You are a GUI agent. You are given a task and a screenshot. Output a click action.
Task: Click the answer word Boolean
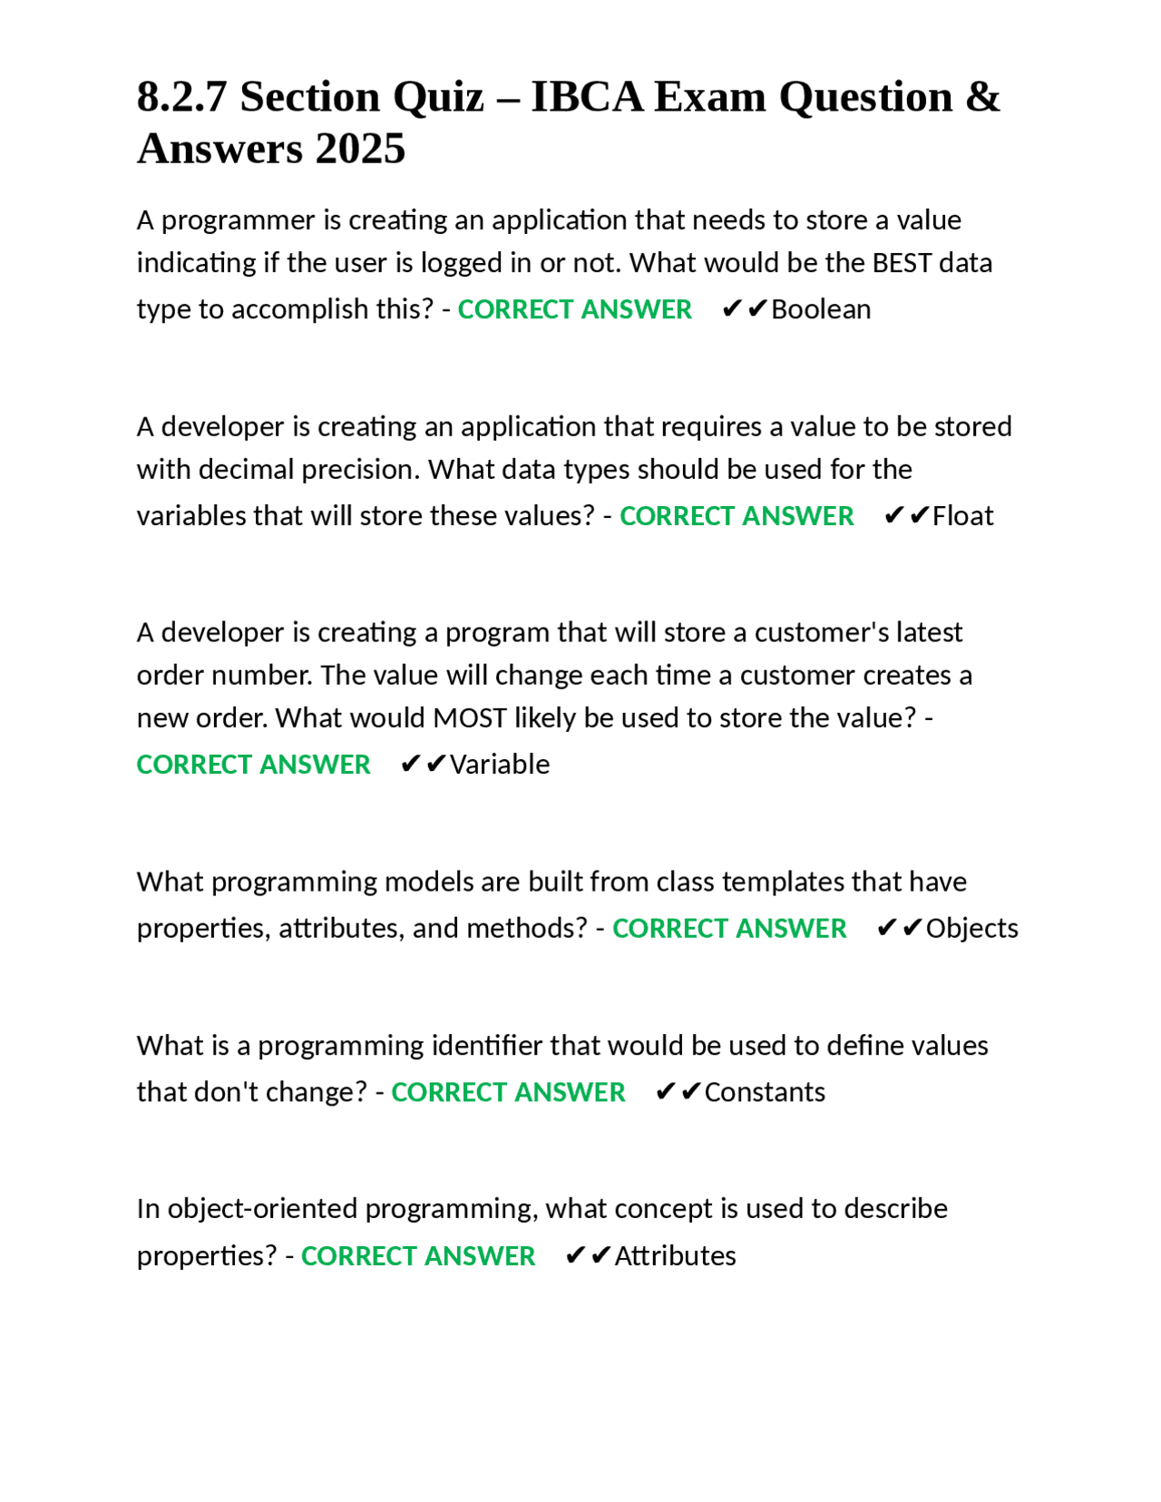click(x=821, y=309)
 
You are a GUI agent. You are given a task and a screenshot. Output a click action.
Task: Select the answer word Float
click(x=962, y=516)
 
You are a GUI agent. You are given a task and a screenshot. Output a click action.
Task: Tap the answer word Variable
click(x=500, y=765)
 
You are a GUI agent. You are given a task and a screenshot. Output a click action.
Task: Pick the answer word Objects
click(x=971, y=929)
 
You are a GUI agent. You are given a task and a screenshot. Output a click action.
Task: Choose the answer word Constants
click(x=765, y=1092)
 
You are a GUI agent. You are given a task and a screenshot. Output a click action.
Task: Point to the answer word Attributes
click(x=675, y=1256)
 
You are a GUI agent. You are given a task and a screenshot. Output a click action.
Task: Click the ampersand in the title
click(x=982, y=97)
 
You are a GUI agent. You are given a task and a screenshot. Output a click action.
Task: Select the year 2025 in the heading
click(x=360, y=149)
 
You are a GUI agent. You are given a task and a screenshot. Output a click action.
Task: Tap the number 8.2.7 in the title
click(x=181, y=97)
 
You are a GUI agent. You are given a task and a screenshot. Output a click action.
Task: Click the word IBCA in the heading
click(x=587, y=97)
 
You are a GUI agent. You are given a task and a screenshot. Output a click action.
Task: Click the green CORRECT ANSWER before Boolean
click(x=574, y=309)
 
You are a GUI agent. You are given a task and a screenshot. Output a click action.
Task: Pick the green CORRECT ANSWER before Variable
click(x=253, y=765)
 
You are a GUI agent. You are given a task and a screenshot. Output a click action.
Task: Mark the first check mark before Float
click(x=893, y=516)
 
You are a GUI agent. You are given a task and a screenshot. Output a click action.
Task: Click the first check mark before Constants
click(x=665, y=1092)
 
